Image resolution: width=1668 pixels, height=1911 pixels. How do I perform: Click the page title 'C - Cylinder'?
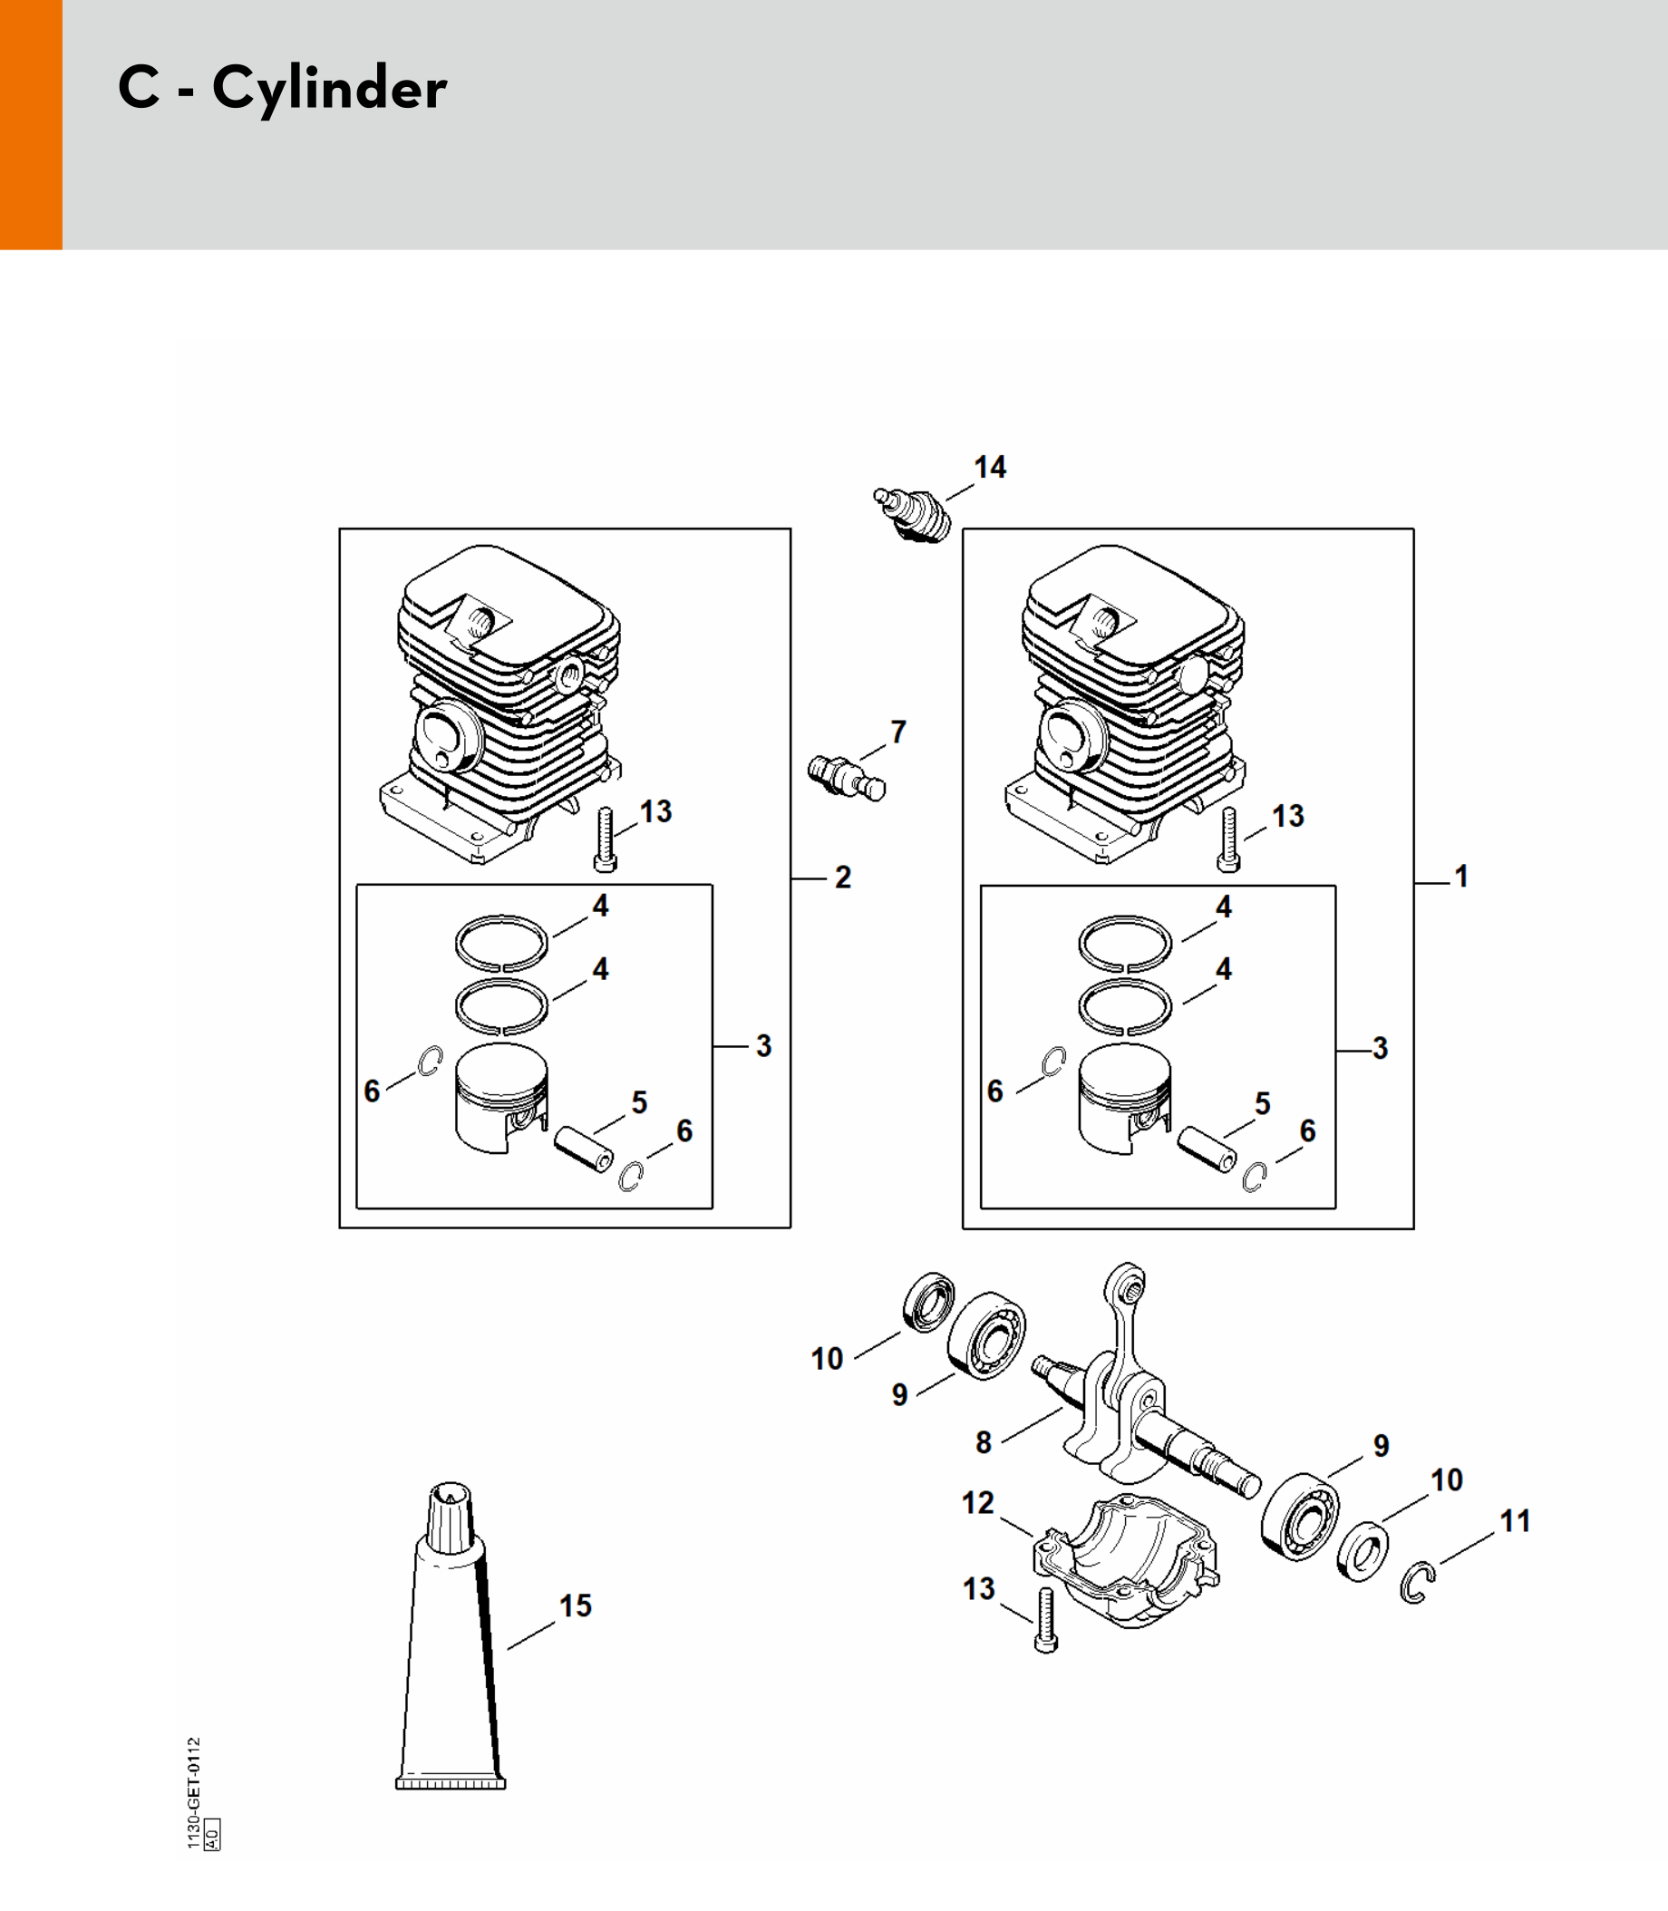282,89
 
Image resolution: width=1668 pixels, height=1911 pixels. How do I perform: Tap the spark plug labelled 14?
913,515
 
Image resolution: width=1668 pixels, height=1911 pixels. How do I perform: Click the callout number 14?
989,467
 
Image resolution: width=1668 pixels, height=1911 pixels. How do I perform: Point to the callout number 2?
842,878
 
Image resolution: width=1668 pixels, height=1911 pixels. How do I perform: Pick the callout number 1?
1461,876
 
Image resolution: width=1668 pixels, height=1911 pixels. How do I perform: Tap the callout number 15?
576,1605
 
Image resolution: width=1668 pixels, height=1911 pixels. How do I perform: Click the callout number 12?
977,1502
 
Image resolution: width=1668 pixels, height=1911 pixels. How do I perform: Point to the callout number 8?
983,1441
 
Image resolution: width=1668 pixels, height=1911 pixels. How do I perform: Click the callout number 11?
1516,1521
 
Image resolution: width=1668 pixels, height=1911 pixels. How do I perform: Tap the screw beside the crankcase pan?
1045,1620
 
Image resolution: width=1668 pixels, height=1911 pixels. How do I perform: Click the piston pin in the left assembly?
584,1150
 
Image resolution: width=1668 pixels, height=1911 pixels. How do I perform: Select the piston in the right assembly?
1124,1100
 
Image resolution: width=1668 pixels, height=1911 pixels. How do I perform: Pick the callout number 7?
898,732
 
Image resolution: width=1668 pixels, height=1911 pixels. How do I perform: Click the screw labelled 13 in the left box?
605,839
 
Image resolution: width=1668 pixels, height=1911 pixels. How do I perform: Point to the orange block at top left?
31,125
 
